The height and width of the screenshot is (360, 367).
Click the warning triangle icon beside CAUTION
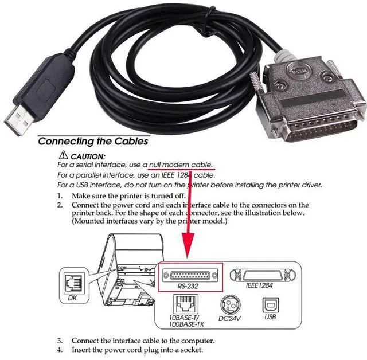(63, 156)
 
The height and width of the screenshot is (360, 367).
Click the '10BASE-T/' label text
(181, 316)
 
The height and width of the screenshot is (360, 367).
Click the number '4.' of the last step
(60, 349)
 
